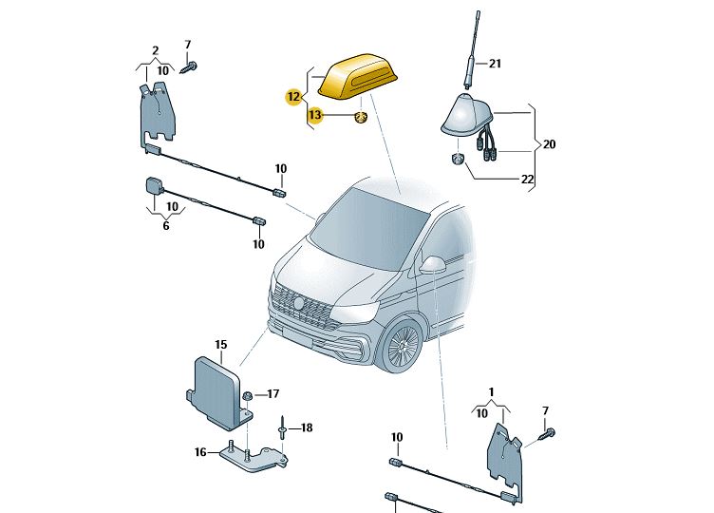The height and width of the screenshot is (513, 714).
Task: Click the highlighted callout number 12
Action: [x=293, y=96]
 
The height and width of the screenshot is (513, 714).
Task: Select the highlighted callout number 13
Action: [x=314, y=115]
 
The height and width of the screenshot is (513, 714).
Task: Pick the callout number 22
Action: [x=527, y=179]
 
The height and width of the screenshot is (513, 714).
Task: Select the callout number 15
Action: [x=220, y=344]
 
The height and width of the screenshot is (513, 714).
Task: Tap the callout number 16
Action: [x=200, y=452]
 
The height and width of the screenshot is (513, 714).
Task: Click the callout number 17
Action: [x=273, y=393]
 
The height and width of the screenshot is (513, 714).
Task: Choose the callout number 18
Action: [x=306, y=428]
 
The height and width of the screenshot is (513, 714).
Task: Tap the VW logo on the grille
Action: [x=298, y=303]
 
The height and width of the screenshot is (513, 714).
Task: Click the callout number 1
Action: [x=491, y=391]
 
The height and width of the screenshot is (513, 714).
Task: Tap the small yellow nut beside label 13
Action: [x=362, y=116]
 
